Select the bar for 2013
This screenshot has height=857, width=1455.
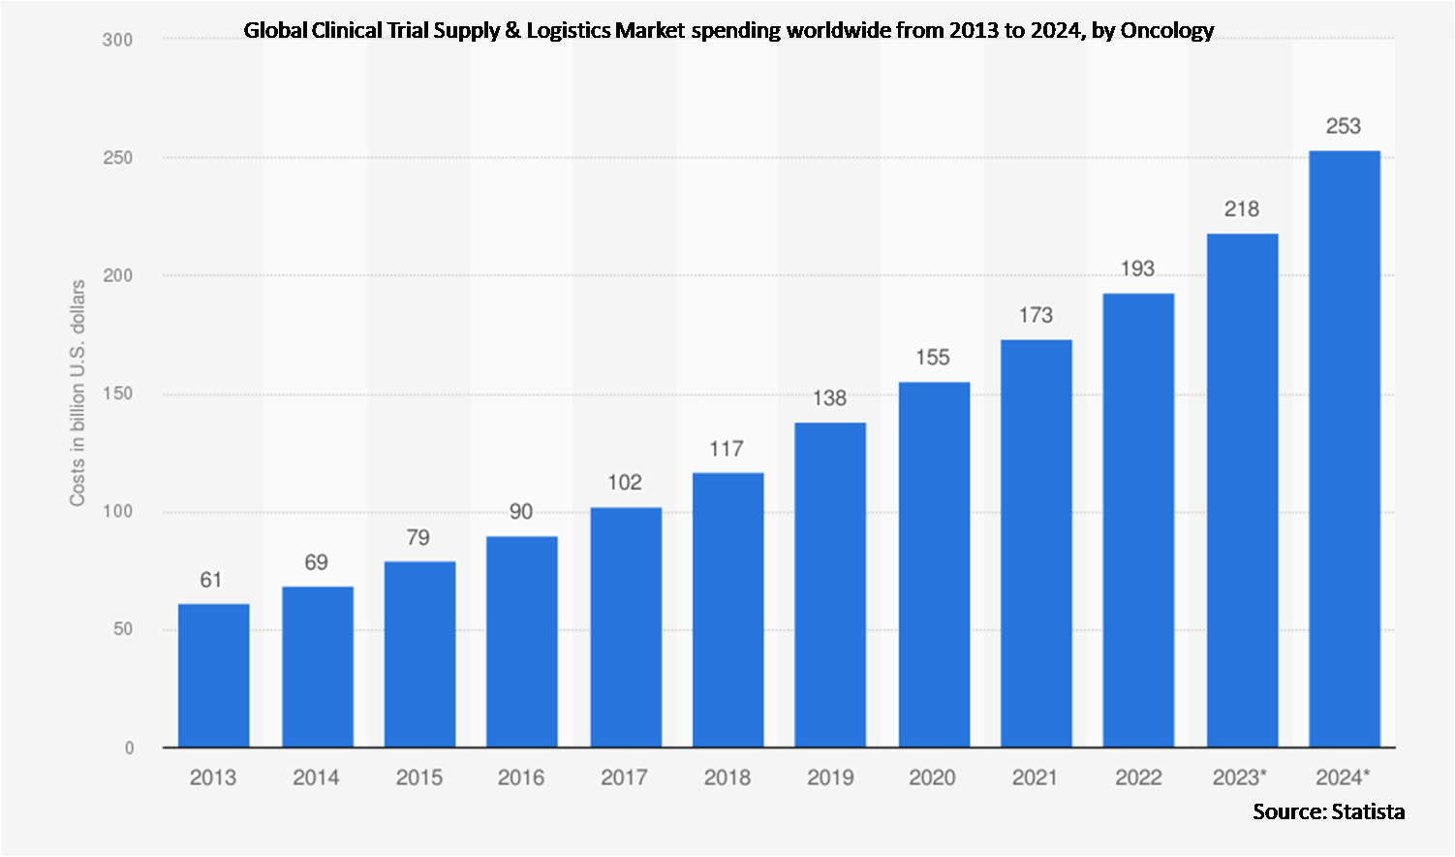(x=213, y=676)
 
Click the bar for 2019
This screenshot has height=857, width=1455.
(x=830, y=585)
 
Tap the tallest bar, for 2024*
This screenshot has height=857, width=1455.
(x=1344, y=449)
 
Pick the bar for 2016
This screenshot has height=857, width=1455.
(x=521, y=642)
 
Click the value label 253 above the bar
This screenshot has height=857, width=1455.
(x=1344, y=126)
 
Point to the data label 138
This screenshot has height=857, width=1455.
(x=830, y=398)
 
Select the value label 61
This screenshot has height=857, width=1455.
(x=211, y=580)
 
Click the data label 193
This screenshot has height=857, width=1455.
(x=1138, y=269)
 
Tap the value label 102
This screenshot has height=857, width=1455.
(x=625, y=483)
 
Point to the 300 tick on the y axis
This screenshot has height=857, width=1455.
(x=117, y=40)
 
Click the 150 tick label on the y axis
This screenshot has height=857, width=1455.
(x=117, y=394)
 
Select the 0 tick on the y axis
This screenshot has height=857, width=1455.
(x=129, y=748)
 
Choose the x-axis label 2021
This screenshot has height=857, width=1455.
(x=1036, y=778)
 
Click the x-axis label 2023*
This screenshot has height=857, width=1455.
(x=1240, y=778)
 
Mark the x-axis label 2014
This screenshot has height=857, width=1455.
(x=316, y=778)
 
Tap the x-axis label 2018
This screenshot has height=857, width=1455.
(x=727, y=778)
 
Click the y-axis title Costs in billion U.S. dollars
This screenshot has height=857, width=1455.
(x=77, y=393)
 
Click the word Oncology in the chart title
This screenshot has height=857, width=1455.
(x=1166, y=30)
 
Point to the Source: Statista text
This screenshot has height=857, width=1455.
(x=1328, y=811)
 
